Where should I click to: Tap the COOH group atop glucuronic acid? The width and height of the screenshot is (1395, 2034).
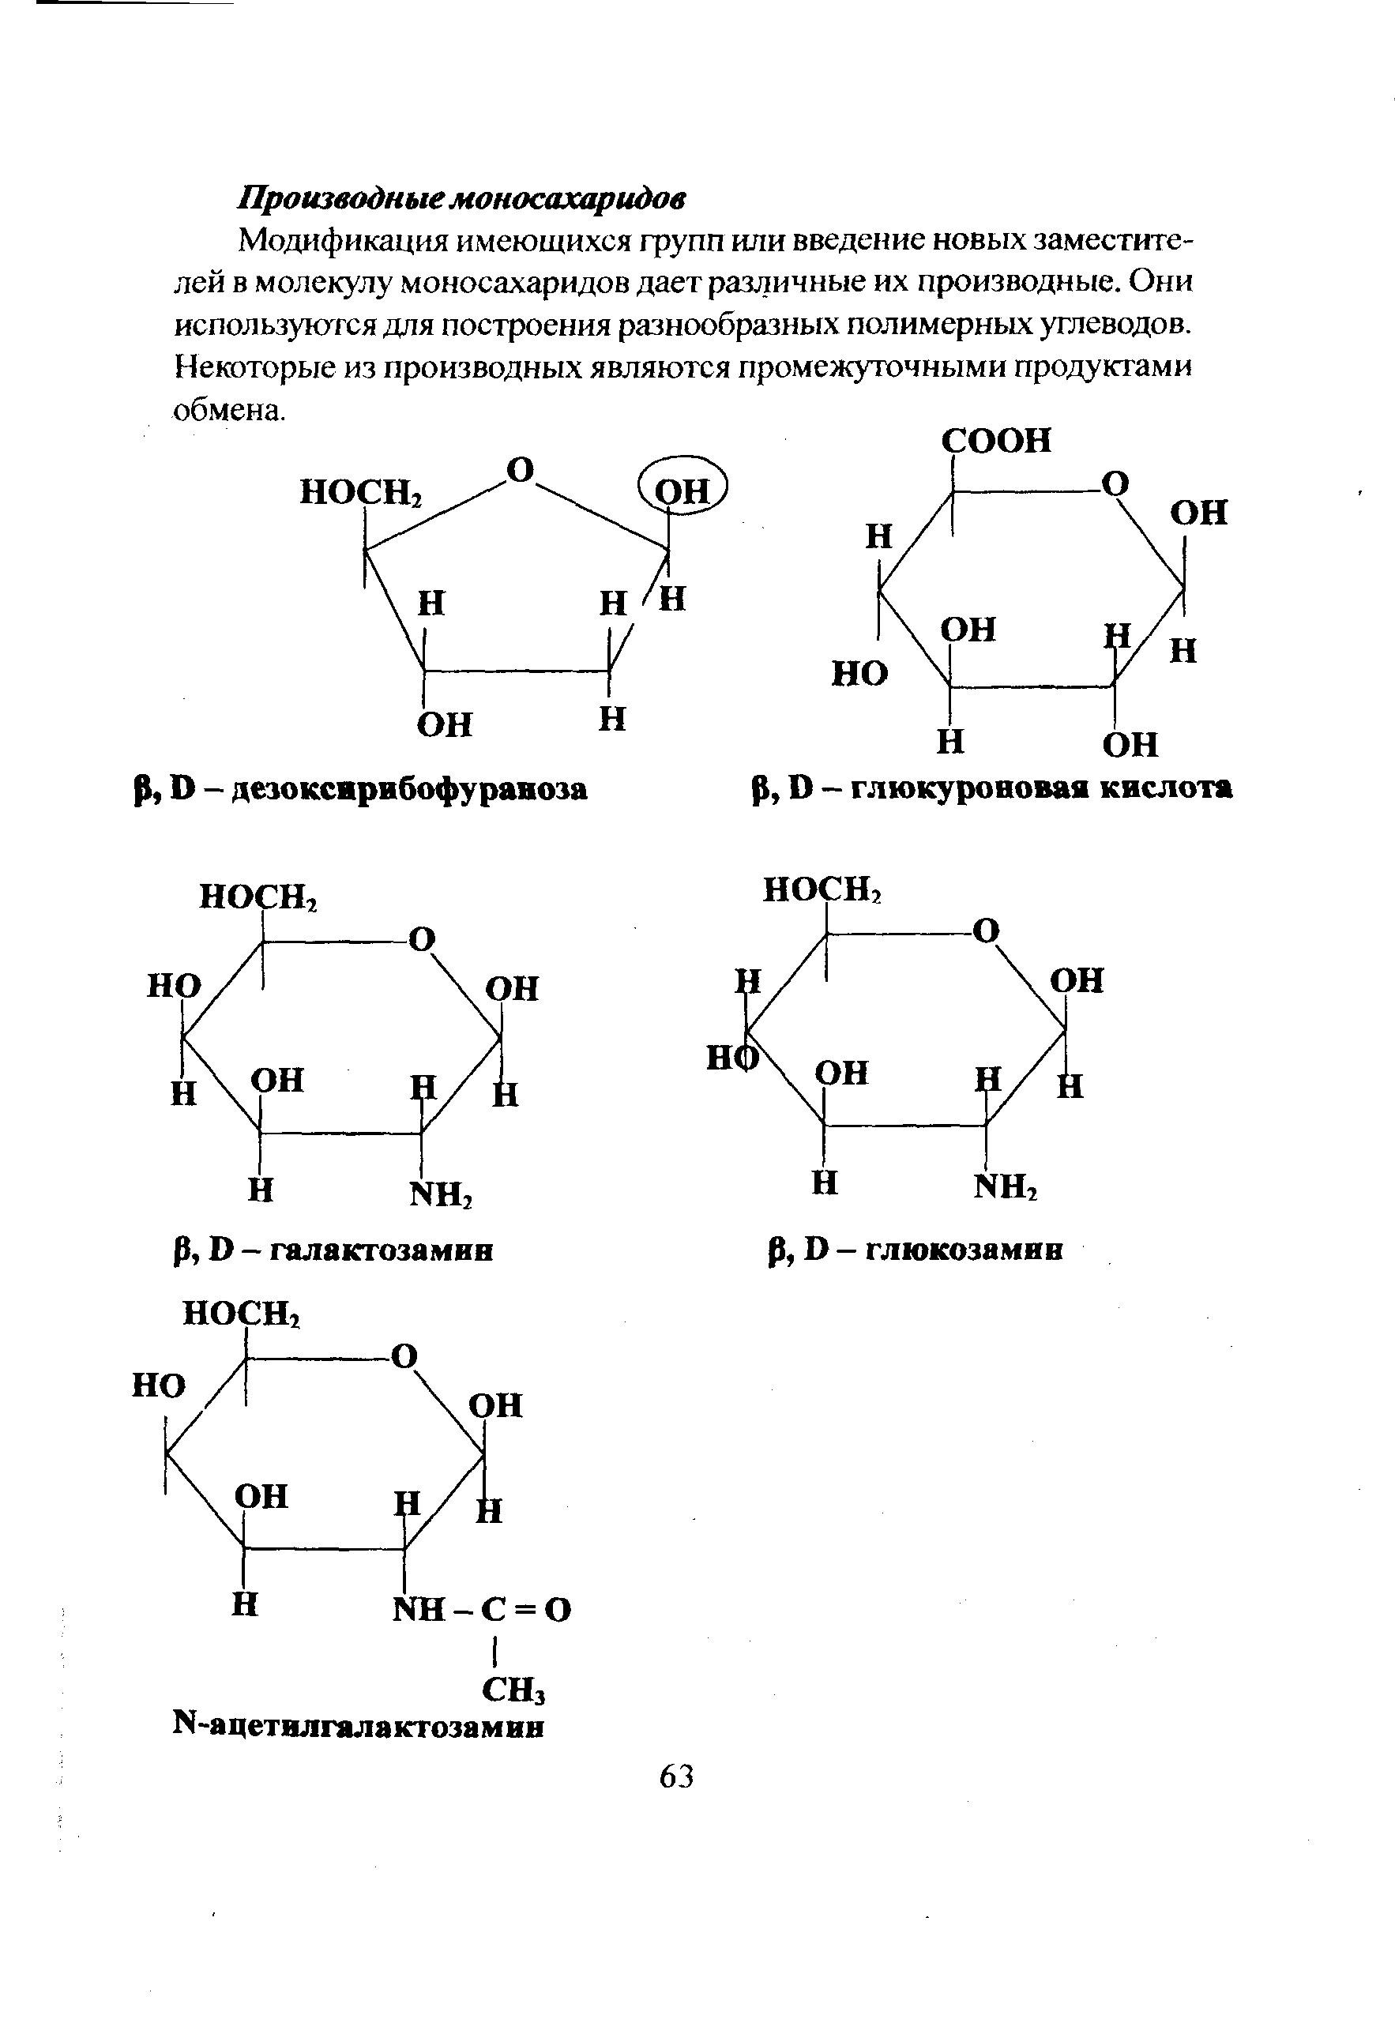(997, 440)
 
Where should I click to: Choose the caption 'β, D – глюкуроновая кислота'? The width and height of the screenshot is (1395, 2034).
(992, 788)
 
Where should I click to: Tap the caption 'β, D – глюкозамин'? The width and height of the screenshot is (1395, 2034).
(916, 1250)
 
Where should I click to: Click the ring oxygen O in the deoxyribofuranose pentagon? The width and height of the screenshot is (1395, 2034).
(521, 470)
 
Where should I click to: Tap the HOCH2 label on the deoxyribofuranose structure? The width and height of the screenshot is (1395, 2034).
(362, 493)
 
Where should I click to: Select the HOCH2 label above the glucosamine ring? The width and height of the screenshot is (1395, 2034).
(822, 890)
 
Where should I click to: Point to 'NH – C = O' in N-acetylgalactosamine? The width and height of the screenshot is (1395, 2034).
(482, 1609)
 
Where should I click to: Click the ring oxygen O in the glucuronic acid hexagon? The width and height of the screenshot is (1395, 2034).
(1115, 483)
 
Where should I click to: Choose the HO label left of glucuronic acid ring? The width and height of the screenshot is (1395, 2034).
(859, 673)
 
